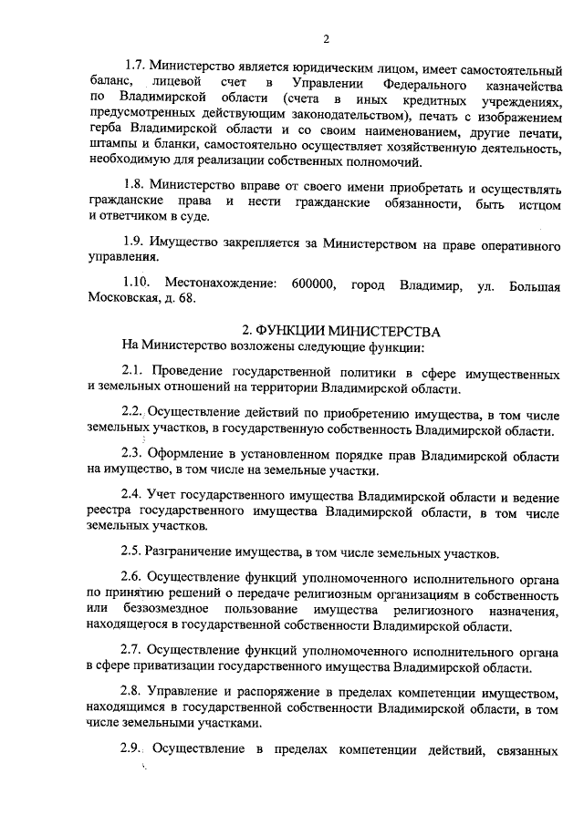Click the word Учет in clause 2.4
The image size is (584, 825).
tap(168, 495)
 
